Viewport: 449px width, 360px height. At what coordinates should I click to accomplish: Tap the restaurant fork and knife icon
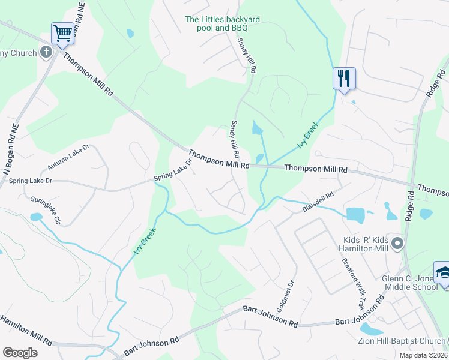click(344, 78)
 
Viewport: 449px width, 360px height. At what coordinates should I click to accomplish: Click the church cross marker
click(46, 52)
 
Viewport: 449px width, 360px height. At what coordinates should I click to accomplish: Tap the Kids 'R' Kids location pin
click(396, 244)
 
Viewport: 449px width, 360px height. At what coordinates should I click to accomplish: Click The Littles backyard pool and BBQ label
click(223, 23)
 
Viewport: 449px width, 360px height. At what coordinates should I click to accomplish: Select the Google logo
click(20, 353)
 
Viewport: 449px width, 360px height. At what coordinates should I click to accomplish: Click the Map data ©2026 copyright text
click(423, 355)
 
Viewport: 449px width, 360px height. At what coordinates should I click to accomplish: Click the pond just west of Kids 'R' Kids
click(355, 214)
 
